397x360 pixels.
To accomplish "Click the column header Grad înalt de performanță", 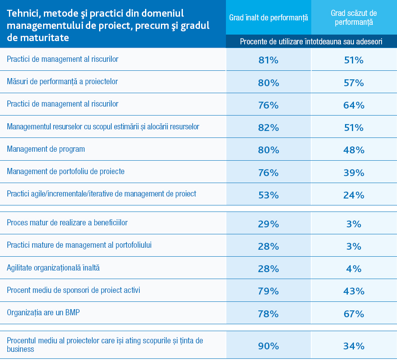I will coord(269,18).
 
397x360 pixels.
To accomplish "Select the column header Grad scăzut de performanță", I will coord(354,18).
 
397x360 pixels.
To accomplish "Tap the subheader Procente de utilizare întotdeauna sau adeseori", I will coord(311,41).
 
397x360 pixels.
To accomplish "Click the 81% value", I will coord(268,60).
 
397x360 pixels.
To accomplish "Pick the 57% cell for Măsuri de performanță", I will coord(354,83).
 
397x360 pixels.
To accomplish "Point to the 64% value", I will coord(354,105).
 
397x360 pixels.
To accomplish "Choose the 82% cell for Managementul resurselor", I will coord(268,128).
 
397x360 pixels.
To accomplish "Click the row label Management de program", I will coord(46,149).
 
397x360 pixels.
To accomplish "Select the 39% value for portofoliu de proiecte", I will coord(354,173).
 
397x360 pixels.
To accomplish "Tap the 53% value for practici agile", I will coord(268,195).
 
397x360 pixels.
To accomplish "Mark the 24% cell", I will coord(354,195).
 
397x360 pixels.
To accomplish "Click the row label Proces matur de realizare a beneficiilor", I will coord(67,223).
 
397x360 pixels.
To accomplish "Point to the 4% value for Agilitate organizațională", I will coord(354,269).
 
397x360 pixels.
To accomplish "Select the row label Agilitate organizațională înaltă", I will coord(53,268).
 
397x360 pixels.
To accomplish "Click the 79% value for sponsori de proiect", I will coord(268,291).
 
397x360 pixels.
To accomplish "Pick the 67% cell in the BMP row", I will coord(354,314).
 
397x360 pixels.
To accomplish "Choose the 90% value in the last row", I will coord(268,346).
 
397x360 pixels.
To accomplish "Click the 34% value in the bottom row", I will coord(354,346).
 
